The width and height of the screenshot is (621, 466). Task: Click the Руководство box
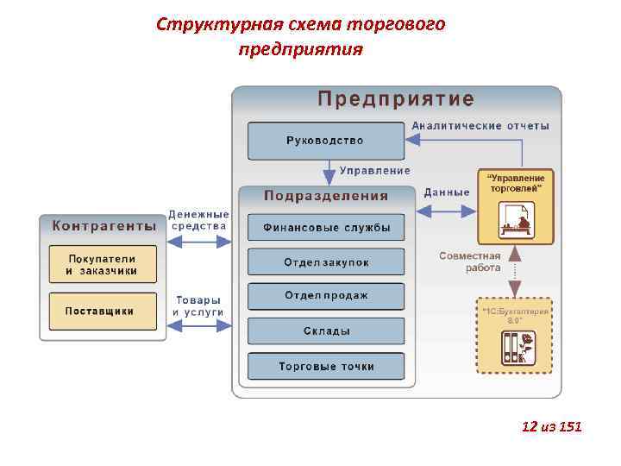click(x=325, y=141)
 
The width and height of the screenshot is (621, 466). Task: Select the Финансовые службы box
click(x=325, y=229)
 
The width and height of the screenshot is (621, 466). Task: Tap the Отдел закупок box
click(x=325, y=261)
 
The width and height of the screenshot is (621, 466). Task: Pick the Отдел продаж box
click(x=325, y=296)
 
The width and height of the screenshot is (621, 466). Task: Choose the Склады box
click(x=325, y=331)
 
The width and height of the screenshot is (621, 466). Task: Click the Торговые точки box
click(x=325, y=366)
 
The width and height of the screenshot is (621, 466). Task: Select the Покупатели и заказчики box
click(x=102, y=265)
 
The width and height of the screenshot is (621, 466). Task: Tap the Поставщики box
click(x=102, y=311)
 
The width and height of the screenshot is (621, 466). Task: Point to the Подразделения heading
click(x=325, y=196)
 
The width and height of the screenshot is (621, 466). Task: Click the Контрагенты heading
click(x=103, y=226)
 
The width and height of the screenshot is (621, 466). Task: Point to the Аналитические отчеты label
click(x=480, y=126)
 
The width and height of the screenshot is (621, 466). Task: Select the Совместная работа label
click(x=470, y=261)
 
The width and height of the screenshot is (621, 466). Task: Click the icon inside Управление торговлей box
click(x=516, y=221)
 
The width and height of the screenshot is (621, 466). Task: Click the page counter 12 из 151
click(x=552, y=426)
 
